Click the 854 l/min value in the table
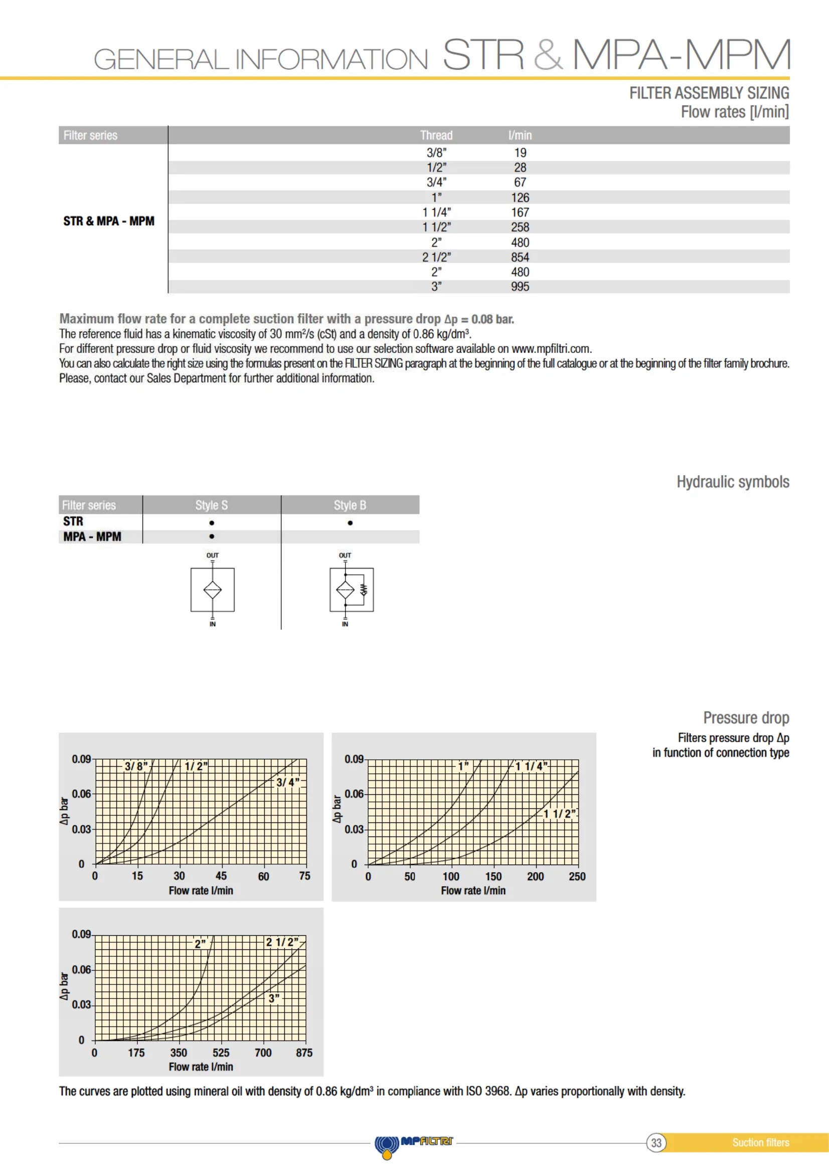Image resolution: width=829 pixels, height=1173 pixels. tap(520, 257)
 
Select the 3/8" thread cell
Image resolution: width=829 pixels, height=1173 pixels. tap(436, 152)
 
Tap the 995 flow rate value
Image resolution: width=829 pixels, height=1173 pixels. tap(520, 287)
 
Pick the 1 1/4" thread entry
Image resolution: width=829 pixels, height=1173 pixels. tap(436, 212)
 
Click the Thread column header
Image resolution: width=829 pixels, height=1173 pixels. tap(436, 135)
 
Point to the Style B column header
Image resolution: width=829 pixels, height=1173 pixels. tap(350, 506)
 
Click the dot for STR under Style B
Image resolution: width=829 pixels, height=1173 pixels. tap(350, 523)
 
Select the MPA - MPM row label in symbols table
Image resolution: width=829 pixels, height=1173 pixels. tap(92, 537)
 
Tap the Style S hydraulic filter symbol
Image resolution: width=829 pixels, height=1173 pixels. tap(213, 590)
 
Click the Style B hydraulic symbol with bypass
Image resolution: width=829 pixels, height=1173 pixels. tap(352, 590)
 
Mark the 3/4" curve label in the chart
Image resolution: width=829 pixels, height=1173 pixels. tap(287, 782)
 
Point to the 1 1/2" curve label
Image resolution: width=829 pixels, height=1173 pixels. tap(559, 813)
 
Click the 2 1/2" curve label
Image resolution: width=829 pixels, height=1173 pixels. tap(282, 942)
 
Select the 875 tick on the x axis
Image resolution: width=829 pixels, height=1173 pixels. tap(304, 1053)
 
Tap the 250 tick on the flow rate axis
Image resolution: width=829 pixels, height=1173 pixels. tap(577, 876)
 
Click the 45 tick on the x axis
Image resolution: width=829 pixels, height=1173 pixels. tap(221, 876)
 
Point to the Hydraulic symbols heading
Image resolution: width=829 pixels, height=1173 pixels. tap(733, 482)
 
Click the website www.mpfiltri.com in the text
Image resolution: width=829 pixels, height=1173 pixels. tap(551, 349)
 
